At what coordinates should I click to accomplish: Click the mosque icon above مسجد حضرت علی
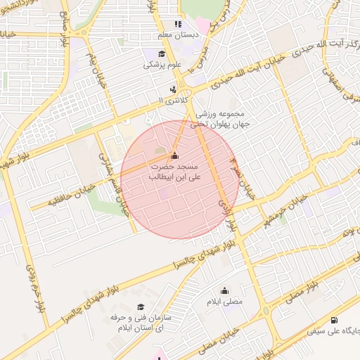pos(175,155)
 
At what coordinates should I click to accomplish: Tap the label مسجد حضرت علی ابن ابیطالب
pos(175,172)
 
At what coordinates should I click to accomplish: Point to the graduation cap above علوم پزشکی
pos(162,54)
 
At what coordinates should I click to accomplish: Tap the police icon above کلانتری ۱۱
pos(173,90)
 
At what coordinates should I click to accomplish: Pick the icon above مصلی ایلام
pos(225,290)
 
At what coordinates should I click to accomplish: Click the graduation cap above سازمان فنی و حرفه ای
pos(141,307)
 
